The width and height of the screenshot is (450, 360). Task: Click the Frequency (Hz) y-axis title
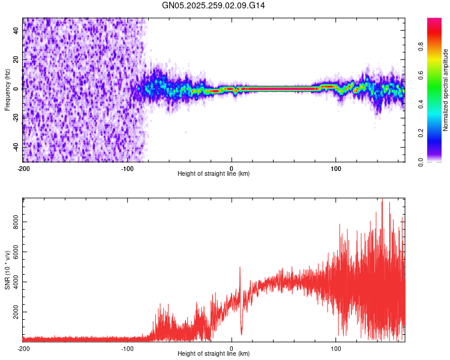tap(7, 89)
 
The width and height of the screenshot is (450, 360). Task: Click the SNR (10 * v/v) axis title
tap(7, 269)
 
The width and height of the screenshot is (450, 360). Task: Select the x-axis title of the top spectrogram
tap(214, 174)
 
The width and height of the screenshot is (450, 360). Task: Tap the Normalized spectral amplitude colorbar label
tap(446, 90)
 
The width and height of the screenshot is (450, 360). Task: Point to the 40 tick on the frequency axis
tap(16, 31)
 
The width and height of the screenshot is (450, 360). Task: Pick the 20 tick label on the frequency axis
tap(16, 60)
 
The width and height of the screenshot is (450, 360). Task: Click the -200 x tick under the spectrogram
tap(23, 168)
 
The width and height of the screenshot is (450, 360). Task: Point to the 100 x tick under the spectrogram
tap(336, 168)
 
